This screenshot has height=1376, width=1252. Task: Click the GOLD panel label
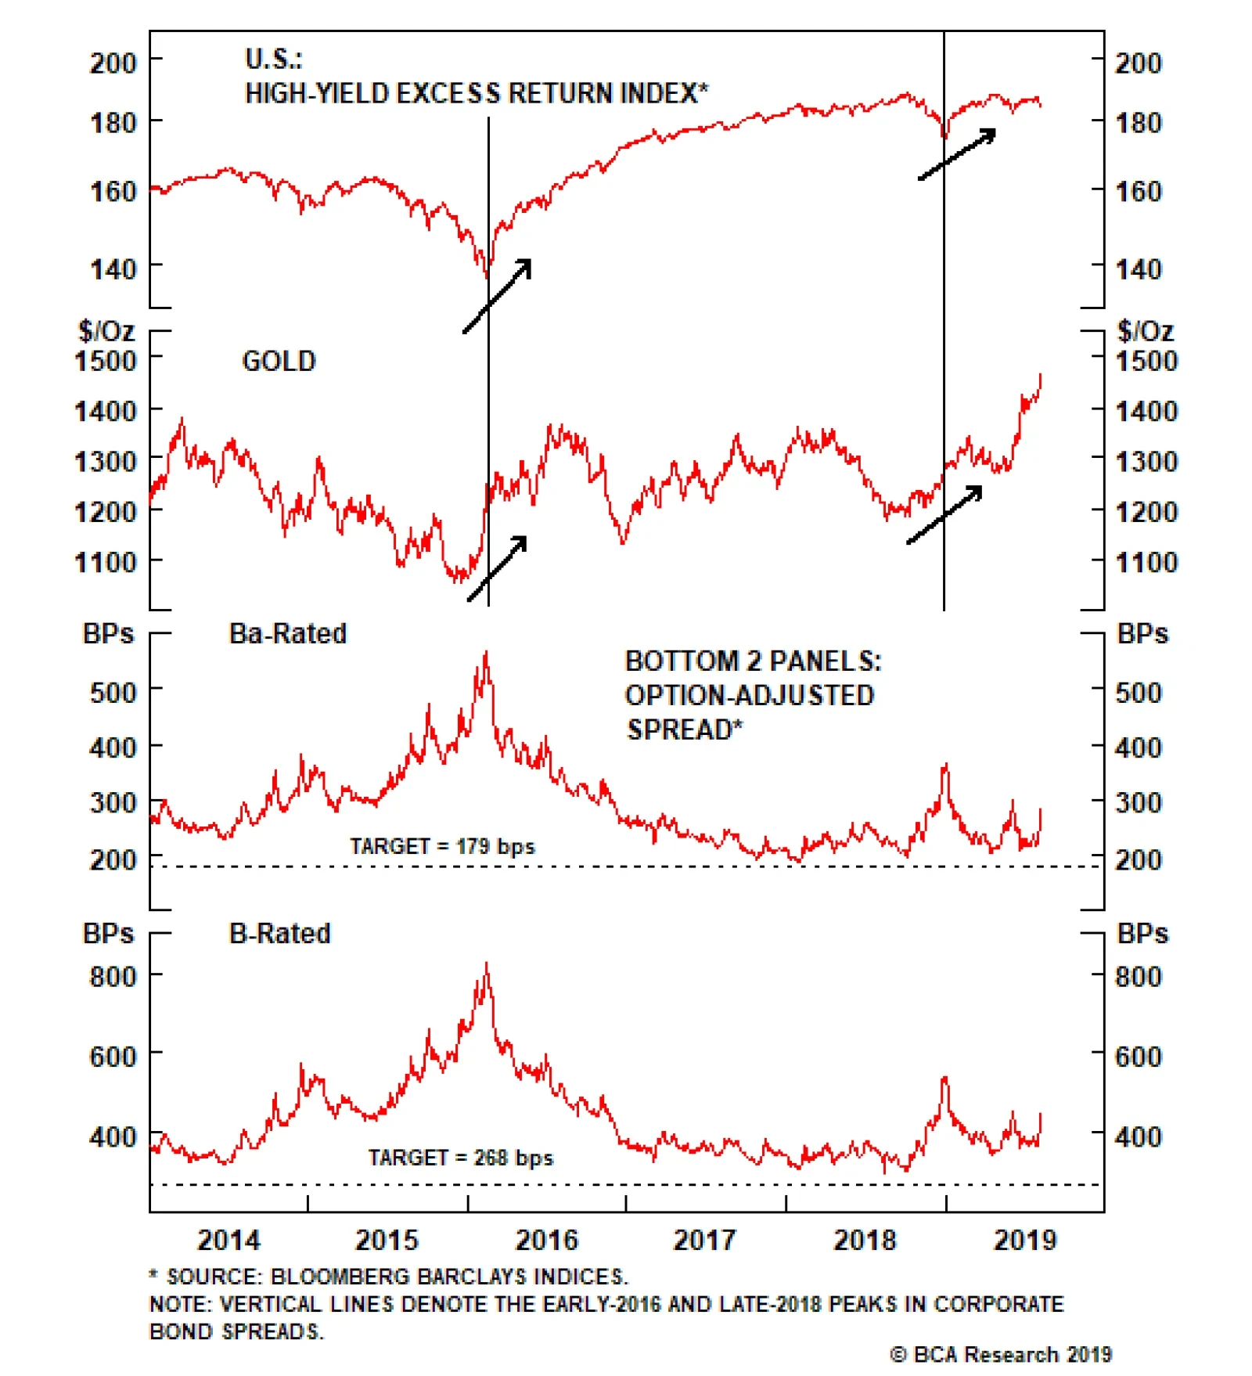coord(279,361)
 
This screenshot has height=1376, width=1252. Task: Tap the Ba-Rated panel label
coord(287,633)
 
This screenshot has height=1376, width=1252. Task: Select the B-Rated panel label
coord(279,933)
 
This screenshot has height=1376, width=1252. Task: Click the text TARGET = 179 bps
coord(442,846)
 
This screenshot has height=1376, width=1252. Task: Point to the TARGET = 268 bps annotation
coord(460,1157)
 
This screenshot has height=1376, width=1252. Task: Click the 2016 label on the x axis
coord(546,1240)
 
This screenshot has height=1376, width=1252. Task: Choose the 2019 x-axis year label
coord(1024,1240)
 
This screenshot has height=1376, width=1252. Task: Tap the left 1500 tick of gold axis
coord(105,361)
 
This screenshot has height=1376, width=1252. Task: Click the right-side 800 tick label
coord(1138,976)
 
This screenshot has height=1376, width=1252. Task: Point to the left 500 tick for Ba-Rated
coord(113,692)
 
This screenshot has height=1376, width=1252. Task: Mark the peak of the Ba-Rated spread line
coord(487,653)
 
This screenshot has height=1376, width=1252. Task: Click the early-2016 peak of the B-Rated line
coord(487,964)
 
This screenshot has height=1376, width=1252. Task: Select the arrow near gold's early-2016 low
coord(498,567)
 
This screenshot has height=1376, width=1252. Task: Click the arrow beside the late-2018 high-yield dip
coord(957,154)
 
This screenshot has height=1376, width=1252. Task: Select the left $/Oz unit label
coord(106,331)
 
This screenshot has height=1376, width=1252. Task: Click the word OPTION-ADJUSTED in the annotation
coord(749,695)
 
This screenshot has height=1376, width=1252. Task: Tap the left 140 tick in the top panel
coord(113,269)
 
